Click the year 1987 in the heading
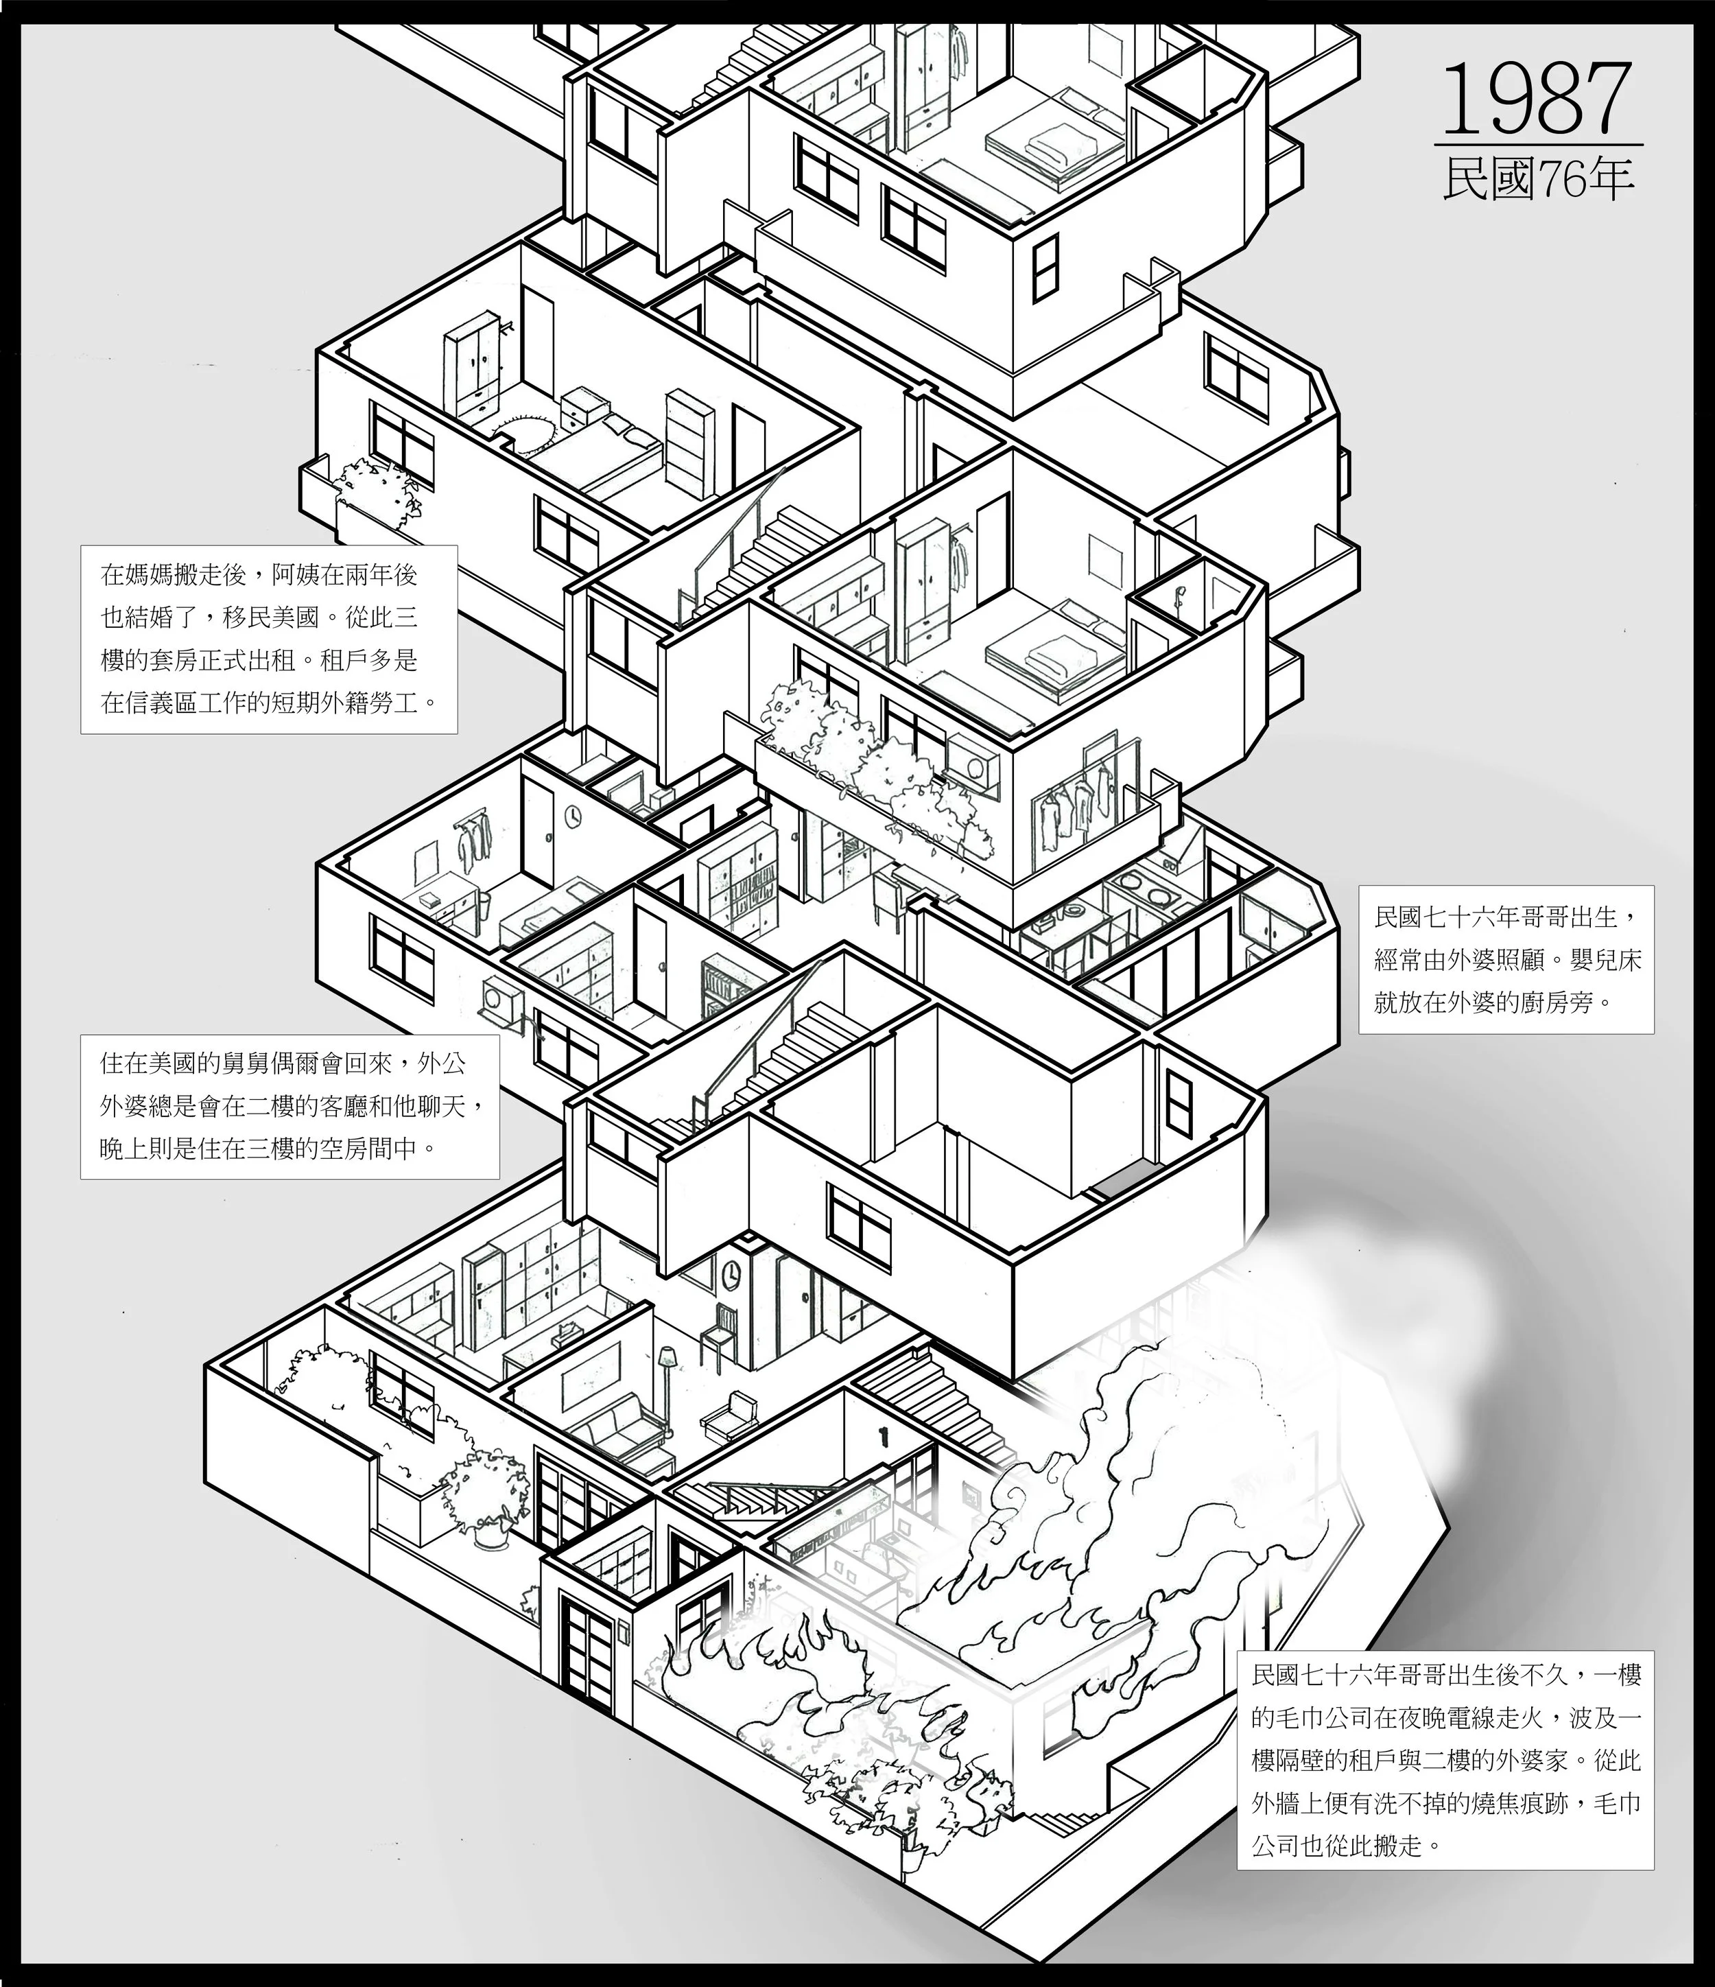coord(1537,98)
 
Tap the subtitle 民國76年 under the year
coord(1537,178)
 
